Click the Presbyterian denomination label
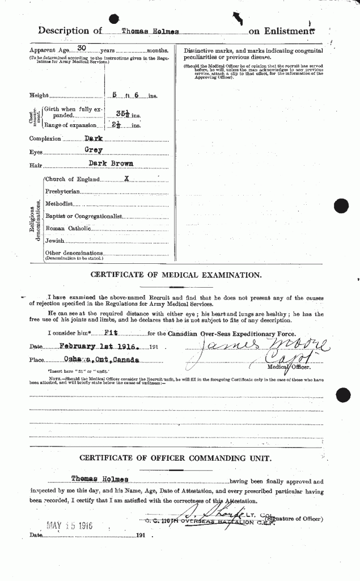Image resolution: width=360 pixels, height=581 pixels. click(x=62, y=191)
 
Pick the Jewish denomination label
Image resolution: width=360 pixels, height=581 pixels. click(x=55, y=241)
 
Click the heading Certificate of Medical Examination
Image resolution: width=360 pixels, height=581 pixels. click(x=176, y=275)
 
